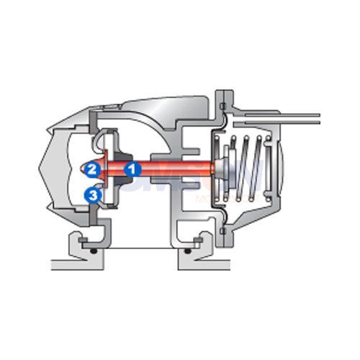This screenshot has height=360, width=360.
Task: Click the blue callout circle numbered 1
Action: point(132,170)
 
